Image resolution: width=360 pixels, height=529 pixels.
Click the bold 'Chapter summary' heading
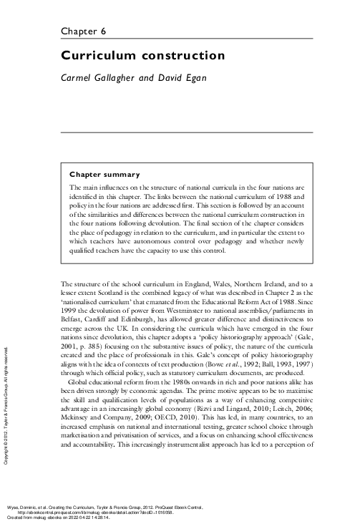[x=104, y=174]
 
